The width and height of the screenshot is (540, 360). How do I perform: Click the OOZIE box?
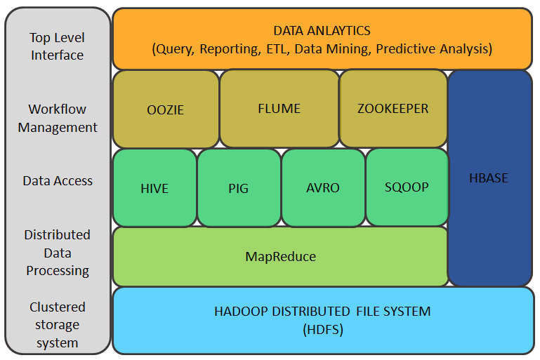(166, 109)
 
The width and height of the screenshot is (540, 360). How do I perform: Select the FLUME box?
(279, 108)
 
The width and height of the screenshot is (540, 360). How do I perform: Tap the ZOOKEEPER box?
(393, 108)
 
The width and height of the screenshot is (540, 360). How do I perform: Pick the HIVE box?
(154, 188)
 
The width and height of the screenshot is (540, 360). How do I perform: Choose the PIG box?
(239, 188)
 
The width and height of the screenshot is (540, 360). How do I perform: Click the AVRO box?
(323, 188)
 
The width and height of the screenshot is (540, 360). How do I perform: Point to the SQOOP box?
(407, 187)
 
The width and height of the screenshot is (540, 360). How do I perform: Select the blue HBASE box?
(489, 178)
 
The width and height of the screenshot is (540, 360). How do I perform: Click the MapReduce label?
(280, 256)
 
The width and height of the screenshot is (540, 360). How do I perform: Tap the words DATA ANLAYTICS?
(322, 31)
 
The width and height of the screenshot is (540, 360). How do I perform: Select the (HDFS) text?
(322, 329)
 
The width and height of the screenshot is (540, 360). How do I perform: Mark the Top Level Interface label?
(58, 46)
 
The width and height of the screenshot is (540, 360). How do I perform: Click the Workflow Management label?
(58, 118)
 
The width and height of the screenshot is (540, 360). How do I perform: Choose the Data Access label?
(58, 180)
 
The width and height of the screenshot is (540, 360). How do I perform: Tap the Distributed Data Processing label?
(58, 253)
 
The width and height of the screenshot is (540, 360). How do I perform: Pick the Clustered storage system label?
(58, 325)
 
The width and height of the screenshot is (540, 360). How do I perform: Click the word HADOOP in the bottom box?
(240, 311)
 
